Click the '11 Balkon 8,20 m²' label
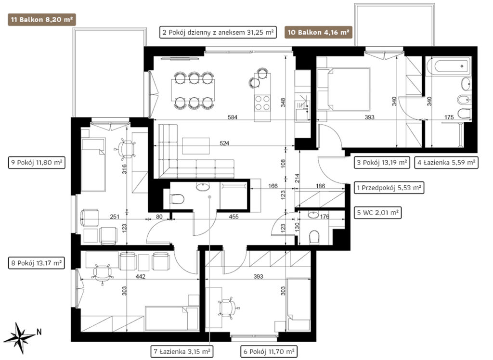click(42, 20)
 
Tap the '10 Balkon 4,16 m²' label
click(319, 32)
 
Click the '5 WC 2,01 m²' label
click(377, 213)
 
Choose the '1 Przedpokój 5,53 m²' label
click(389, 188)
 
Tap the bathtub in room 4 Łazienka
click(449, 66)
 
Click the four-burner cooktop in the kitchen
click(262, 103)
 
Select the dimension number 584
click(233, 117)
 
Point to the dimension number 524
click(224, 143)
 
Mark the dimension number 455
click(234, 217)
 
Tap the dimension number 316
click(124, 169)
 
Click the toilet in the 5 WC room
click(314, 237)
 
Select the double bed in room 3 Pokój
click(343, 90)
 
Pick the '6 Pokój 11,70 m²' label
click(269, 351)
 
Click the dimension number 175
click(449, 117)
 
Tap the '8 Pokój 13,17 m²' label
click(37, 263)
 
